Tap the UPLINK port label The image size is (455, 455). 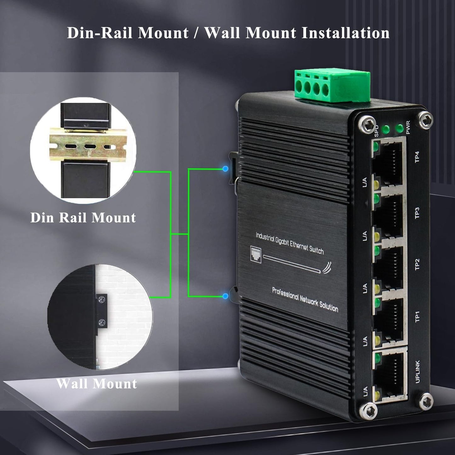418,372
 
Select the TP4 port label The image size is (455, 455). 417,157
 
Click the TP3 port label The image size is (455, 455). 417,213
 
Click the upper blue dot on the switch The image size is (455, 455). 225,169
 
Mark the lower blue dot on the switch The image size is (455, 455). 225,296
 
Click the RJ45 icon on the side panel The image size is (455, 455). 256,254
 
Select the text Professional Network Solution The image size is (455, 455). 305,299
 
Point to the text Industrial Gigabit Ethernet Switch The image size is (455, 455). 289,243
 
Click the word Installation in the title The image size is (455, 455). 345,33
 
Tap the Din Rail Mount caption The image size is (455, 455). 83,218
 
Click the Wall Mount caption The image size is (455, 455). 97,384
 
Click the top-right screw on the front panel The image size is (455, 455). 426,120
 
